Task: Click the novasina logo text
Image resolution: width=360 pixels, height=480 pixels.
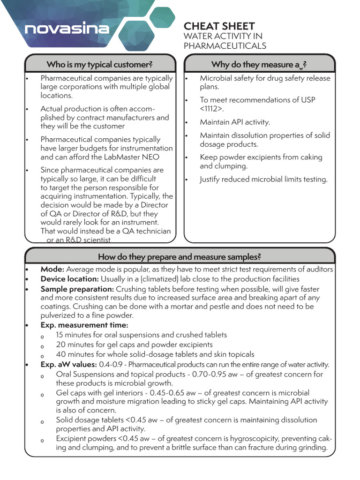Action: (x=67, y=29)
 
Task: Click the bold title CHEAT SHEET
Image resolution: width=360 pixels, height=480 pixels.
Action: (x=219, y=26)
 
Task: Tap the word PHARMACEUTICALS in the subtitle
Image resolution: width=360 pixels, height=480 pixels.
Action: (x=225, y=46)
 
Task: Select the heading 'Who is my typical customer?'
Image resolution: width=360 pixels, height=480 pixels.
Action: (x=100, y=64)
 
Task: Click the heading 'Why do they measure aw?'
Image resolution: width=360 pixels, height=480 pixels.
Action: (x=259, y=64)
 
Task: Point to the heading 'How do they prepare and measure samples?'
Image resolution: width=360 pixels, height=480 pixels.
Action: (x=179, y=256)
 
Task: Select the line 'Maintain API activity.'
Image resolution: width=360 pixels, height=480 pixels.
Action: (x=235, y=122)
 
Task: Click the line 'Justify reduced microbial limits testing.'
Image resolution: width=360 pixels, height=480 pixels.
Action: (x=263, y=179)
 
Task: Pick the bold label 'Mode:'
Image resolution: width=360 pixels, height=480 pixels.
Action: (x=52, y=270)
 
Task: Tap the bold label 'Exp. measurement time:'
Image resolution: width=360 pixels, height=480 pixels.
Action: (x=84, y=325)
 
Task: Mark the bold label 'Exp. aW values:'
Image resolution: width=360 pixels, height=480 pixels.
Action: (x=68, y=364)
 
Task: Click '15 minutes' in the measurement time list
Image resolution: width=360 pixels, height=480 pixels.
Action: (x=75, y=335)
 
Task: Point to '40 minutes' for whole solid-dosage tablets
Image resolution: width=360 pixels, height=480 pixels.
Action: (x=75, y=354)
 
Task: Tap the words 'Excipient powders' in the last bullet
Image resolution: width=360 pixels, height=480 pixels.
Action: (x=86, y=438)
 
